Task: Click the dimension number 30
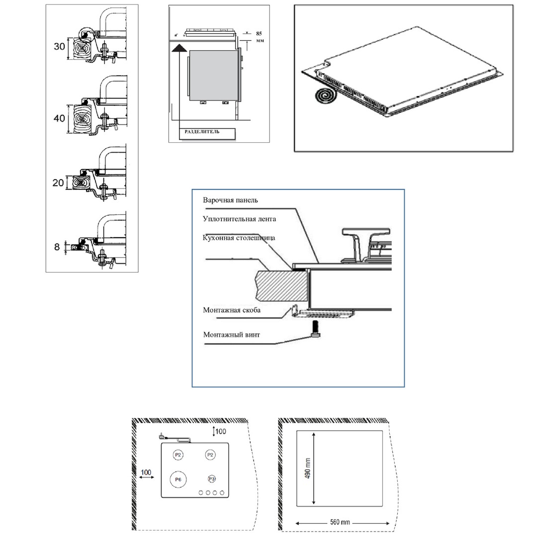[59, 47]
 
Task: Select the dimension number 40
[59, 118]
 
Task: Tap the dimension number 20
[58, 182]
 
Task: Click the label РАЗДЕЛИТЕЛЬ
[202, 132]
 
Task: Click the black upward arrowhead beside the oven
[180, 47]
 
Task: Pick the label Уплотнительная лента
[239, 219]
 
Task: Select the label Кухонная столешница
[239, 238]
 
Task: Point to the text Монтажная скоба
[232, 310]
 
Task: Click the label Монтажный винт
[231, 335]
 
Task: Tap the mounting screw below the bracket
[316, 329]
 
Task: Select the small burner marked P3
[211, 478]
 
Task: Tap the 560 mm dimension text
[340, 523]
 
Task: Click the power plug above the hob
[162, 436]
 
